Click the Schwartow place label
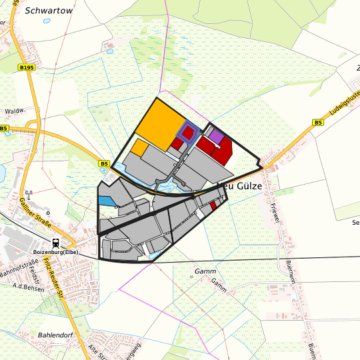(x=44, y=11)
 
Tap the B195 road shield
(x=26, y=67)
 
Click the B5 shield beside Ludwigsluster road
(x=318, y=123)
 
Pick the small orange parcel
(x=139, y=147)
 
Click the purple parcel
(x=216, y=137)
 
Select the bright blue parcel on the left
(x=106, y=200)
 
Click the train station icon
(x=56, y=243)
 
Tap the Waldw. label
(x=14, y=111)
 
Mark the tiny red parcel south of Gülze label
(x=213, y=207)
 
